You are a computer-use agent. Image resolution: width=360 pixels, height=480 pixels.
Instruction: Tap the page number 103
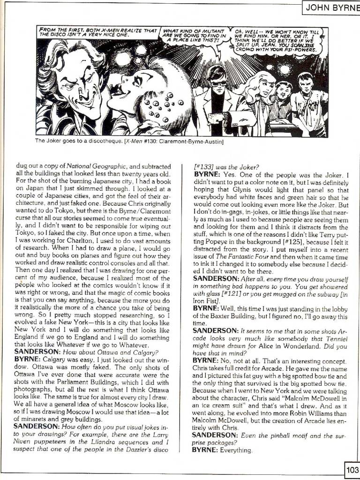pos(352,469)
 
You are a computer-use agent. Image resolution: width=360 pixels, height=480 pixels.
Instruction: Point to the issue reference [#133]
pos(205,165)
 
